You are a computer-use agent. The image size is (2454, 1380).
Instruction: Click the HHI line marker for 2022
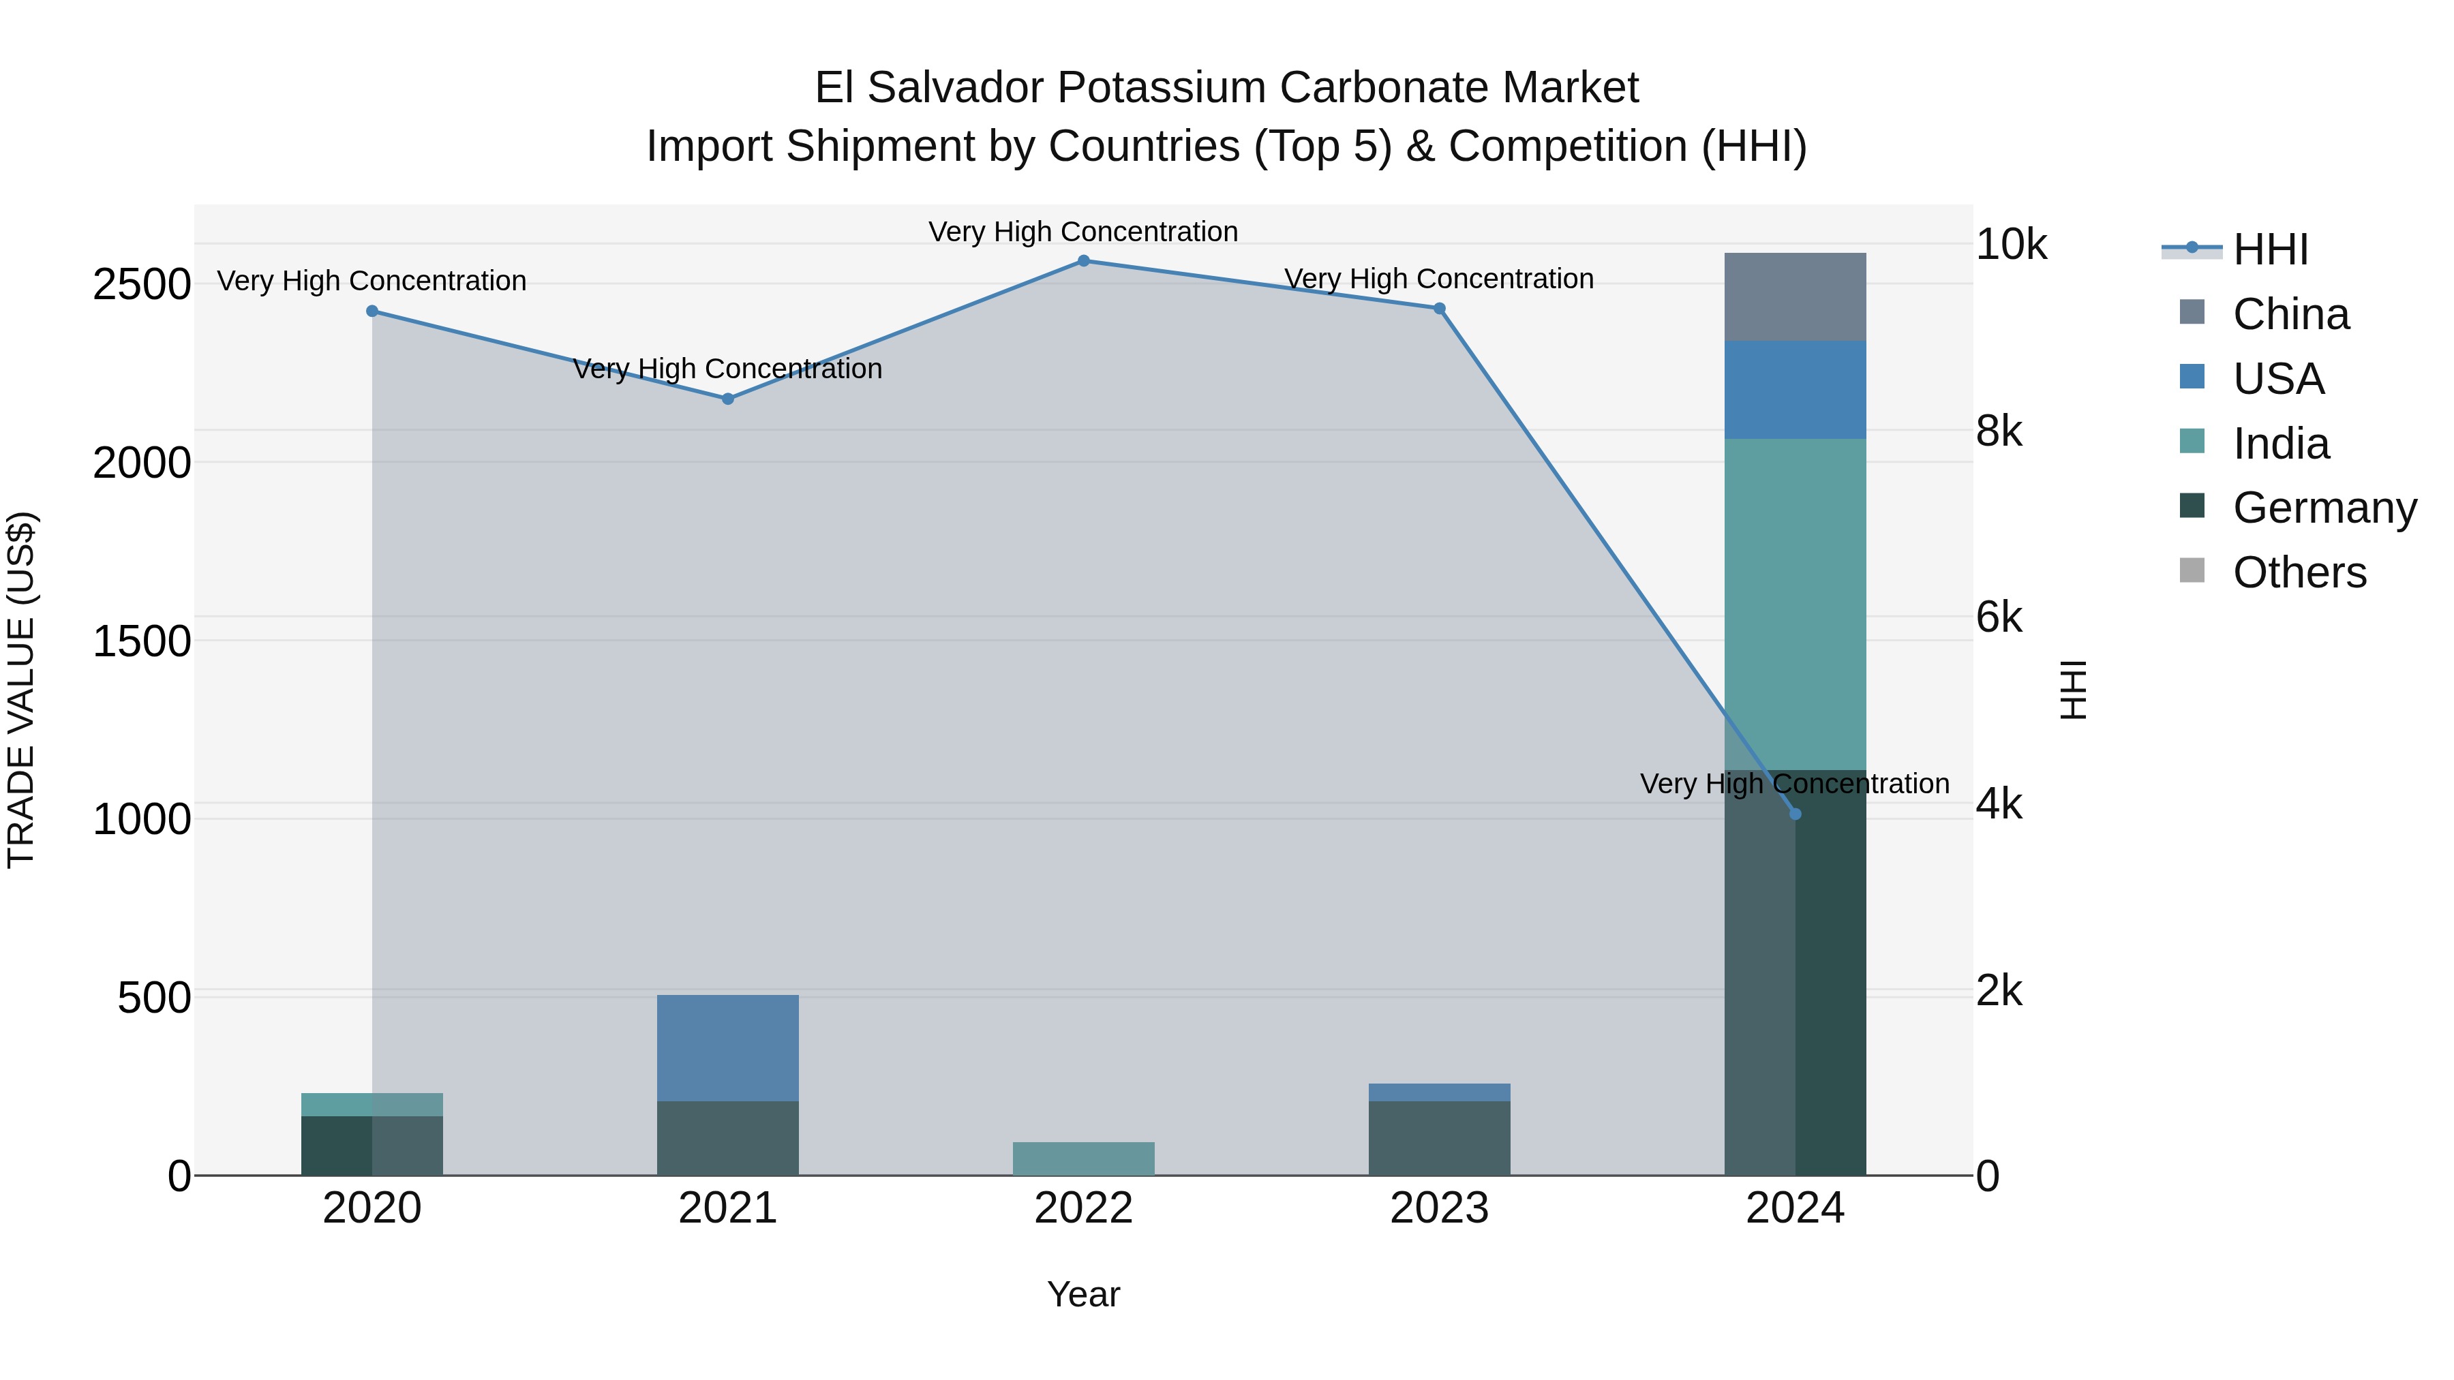(x=1083, y=261)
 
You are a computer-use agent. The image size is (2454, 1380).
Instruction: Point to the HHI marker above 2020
(x=372, y=311)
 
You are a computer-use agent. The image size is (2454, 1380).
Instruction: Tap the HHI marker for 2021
(x=728, y=399)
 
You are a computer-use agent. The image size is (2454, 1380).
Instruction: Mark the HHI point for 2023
(x=1440, y=309)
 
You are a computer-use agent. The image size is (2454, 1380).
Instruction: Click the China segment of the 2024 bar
(x=1795, y=297)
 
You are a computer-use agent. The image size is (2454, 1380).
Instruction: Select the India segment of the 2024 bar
(x=1795, y=604)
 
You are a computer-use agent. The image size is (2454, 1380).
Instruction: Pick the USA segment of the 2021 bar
(x=728, y=1047)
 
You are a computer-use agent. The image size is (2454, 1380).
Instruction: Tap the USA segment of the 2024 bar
(x=1795, y=390)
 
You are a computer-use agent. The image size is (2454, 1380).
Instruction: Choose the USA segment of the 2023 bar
(x=1440, y=1092)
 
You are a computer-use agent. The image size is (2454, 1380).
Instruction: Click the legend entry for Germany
(x=2324, y=508)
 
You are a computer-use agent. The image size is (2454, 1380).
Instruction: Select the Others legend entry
(x=2299, y=572)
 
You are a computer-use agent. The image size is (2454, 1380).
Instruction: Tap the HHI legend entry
(x=2270, y=249)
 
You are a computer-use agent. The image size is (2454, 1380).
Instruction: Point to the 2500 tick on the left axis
(x=142, y=285)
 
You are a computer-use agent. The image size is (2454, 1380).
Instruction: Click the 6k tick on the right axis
(x=1998, y=618)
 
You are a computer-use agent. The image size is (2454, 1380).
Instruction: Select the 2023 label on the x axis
(x=1440, y=1208)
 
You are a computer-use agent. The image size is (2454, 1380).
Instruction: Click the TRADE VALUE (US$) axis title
(x=21, y=690)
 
